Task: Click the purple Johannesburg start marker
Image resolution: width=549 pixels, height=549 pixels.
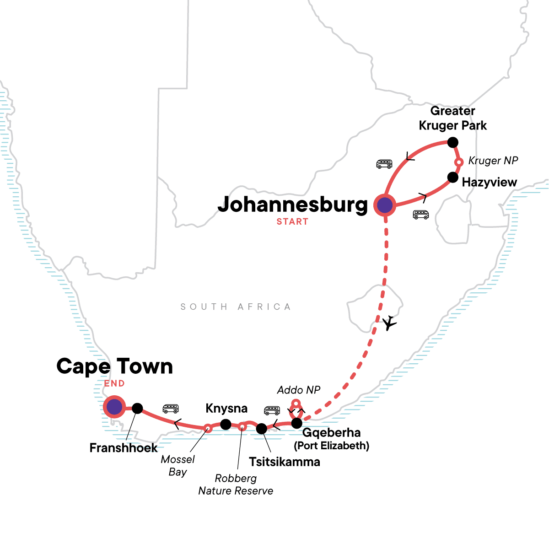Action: click(x=385, y=205)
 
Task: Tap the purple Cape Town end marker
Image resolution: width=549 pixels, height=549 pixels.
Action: click(x=114, y=406)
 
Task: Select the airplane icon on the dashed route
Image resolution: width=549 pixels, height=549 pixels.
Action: click(x=389, y=323)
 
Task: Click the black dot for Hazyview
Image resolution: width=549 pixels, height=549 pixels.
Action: click(x=452, y=177)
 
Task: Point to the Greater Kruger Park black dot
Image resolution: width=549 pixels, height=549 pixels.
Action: click(x=452, y=143)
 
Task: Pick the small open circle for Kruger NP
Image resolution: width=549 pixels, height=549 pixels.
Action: click(x=459, y=162)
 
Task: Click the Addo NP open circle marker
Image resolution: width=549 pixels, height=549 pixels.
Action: click(x=296, y=404)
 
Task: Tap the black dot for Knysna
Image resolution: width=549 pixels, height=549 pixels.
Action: click(x=226, y=425)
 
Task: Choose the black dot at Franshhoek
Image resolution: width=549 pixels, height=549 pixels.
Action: click(x=137, y=409)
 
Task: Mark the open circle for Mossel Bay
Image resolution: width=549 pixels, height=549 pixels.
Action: click(x=207, y=428)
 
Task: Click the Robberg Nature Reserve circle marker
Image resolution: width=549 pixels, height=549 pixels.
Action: click(x=242, y=426)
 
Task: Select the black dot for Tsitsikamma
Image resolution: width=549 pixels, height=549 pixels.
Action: click(x=261, y=429)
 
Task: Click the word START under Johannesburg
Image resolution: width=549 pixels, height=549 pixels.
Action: click(x=292, y=222)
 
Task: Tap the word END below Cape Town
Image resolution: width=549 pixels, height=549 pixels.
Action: click(x=114, y=383)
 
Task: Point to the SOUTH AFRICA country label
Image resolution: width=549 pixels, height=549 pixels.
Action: click(x=236, y=307)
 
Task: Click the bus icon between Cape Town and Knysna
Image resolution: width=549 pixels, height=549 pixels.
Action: click(x=171, y=409)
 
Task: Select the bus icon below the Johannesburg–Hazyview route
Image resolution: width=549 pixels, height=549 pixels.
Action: click(x=421, y=215)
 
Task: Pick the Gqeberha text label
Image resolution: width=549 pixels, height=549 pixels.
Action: click(x=331, y=433)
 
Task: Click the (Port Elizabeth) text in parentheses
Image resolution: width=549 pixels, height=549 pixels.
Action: click(x=331, y=446)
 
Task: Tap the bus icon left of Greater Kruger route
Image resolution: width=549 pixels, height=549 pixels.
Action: click(x=384, y=164)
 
